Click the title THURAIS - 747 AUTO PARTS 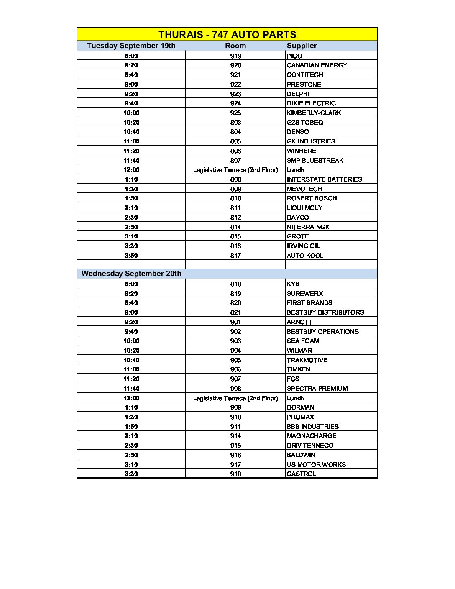(x=227, y=35)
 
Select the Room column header (x=235, y=46)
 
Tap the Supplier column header (x=302, y=46)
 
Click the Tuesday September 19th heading (x=131, y=46)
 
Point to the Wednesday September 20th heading (x=131, y=274)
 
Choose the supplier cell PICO (x=294, y=56)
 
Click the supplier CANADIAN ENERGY (x=317, y=65)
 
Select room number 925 (x=235, y=113)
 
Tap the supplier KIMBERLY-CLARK (x=314, y=113)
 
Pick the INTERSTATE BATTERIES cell (x=324, y=179)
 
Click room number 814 (x=235, y=227)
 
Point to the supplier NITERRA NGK (x=308, y=227)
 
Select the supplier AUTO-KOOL (x=305, y=256)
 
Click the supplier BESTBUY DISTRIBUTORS (x=325, y=312)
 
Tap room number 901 (x=235, y=322)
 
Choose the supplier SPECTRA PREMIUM (x=317, y=389)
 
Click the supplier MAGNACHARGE (x=311, y=436)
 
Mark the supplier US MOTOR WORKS (x=316, y=465)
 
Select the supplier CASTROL (x=301, y=474)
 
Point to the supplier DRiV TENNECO (x=310, y=446)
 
